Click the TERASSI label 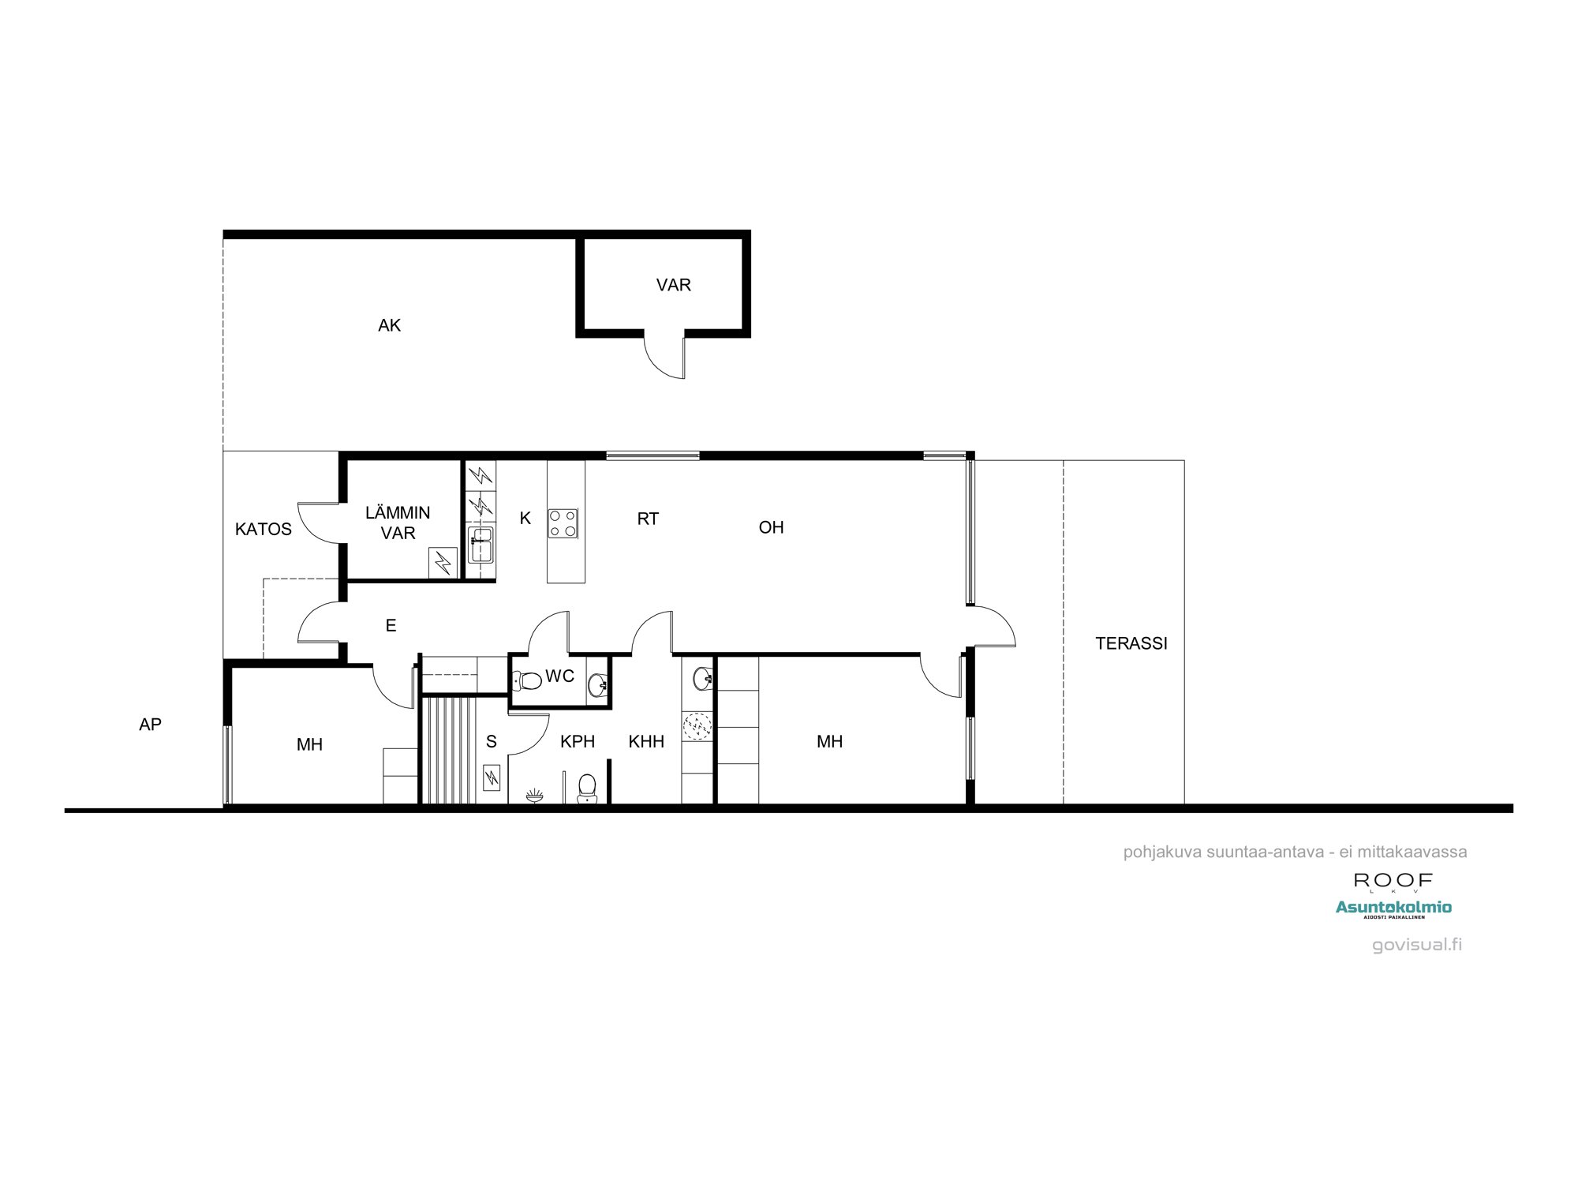1131,643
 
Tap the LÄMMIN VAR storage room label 398,523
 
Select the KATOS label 264,529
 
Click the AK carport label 389,325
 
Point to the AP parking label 150,725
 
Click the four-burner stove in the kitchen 563,523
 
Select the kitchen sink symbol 480,545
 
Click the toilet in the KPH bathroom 587,788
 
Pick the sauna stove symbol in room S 492,777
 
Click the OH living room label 771,527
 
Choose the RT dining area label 648,519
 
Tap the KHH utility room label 646,741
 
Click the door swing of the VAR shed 667,359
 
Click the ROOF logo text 1393,880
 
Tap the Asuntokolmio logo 1393,908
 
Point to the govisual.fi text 1417,945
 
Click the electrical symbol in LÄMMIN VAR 443,562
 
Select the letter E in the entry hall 391,626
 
